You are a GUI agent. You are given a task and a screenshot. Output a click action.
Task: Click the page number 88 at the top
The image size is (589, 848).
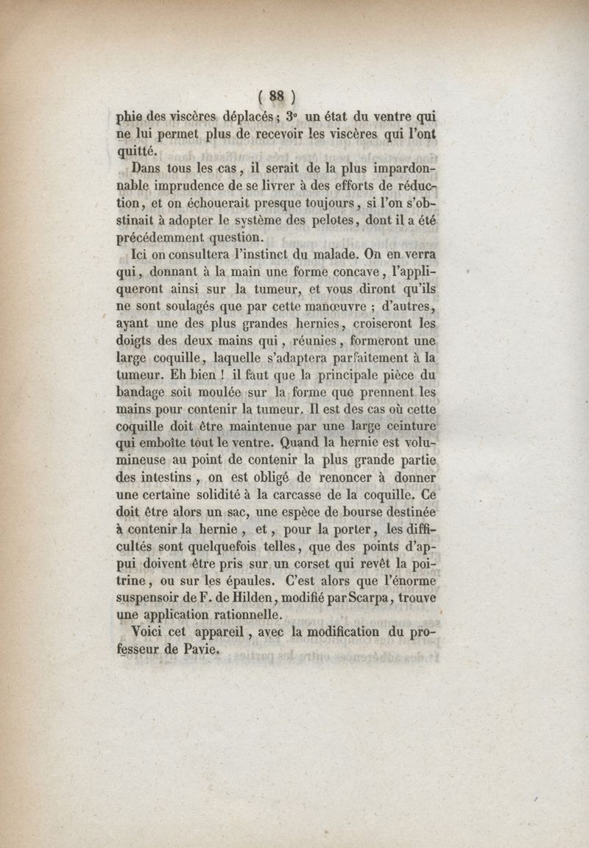tap(277, 95)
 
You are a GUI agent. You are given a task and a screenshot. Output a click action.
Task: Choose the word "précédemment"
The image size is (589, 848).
tap(161, 237)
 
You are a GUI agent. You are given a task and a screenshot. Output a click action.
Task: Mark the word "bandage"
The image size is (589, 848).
tap(144, 391)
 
